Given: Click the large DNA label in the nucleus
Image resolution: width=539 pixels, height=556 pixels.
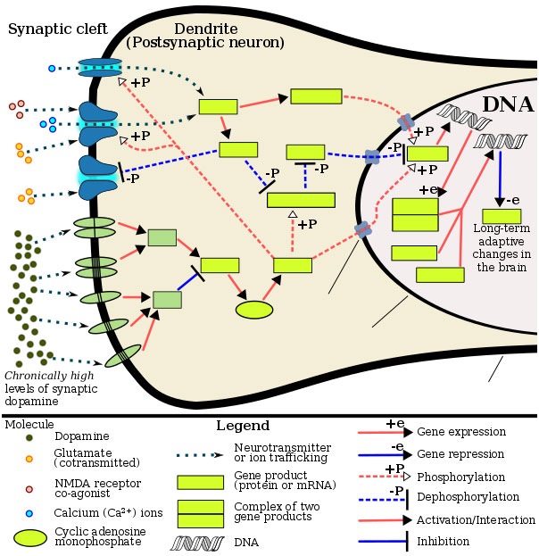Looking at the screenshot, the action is pyautogui.click(x=508, y=104).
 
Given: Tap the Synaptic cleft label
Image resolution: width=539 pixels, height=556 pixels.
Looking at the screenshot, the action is pyautogui.click(x=58, y=29).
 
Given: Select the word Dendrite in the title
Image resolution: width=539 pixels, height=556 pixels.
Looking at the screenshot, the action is pyautogui.click(x=206, y=29).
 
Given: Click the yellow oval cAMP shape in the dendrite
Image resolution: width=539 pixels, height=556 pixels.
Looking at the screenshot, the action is pyautogui.click(x=254, y=310).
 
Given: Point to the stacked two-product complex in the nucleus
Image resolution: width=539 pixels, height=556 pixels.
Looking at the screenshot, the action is pyautogui.click(x=415, y=215).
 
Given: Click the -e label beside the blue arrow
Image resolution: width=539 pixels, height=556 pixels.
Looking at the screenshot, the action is pyautogui.click(x=513, y=200).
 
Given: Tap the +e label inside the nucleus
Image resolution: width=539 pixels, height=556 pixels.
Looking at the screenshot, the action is pyautogui.click(x=427, y=190).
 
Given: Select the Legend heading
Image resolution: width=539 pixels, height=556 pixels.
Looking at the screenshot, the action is pyautogui.click(x=243, y=425).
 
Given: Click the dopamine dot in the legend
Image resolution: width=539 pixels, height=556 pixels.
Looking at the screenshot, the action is pyautogui.click(x=29, y=437).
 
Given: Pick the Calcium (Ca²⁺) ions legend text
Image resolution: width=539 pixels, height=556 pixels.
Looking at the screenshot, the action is pyautogui.click(x=108, y=512).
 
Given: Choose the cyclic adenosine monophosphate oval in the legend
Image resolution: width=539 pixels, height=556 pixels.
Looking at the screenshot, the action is pyautogui.click(x=30, y=537).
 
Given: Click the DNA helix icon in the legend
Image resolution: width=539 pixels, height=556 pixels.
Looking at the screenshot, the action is pyautogui.click(x=197, y=544).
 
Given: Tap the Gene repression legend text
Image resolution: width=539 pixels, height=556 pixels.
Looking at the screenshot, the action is pyautogui.click(x=460, y=454).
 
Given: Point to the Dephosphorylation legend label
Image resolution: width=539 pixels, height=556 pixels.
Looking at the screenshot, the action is pyautogui.click(x=468, y=497).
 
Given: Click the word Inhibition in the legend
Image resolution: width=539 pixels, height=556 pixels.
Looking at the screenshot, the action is pyautogui.click(x=443, y=542).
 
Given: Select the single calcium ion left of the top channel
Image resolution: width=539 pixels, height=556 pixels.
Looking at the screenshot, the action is pyautogui.click(x=52, y=69).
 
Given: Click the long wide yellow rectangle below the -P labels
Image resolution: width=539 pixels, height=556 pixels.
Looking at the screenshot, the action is pyautogui.click(x=301, y=200).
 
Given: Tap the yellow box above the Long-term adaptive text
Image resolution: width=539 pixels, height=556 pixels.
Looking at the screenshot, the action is pyautogui.click(x=502, y=216).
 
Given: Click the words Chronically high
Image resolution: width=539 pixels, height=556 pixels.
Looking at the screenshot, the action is pyautogui.click(x=49, y=376).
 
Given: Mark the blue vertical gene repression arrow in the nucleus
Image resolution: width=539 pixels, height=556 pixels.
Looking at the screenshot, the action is pyautogui.click(x=500, y=178).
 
